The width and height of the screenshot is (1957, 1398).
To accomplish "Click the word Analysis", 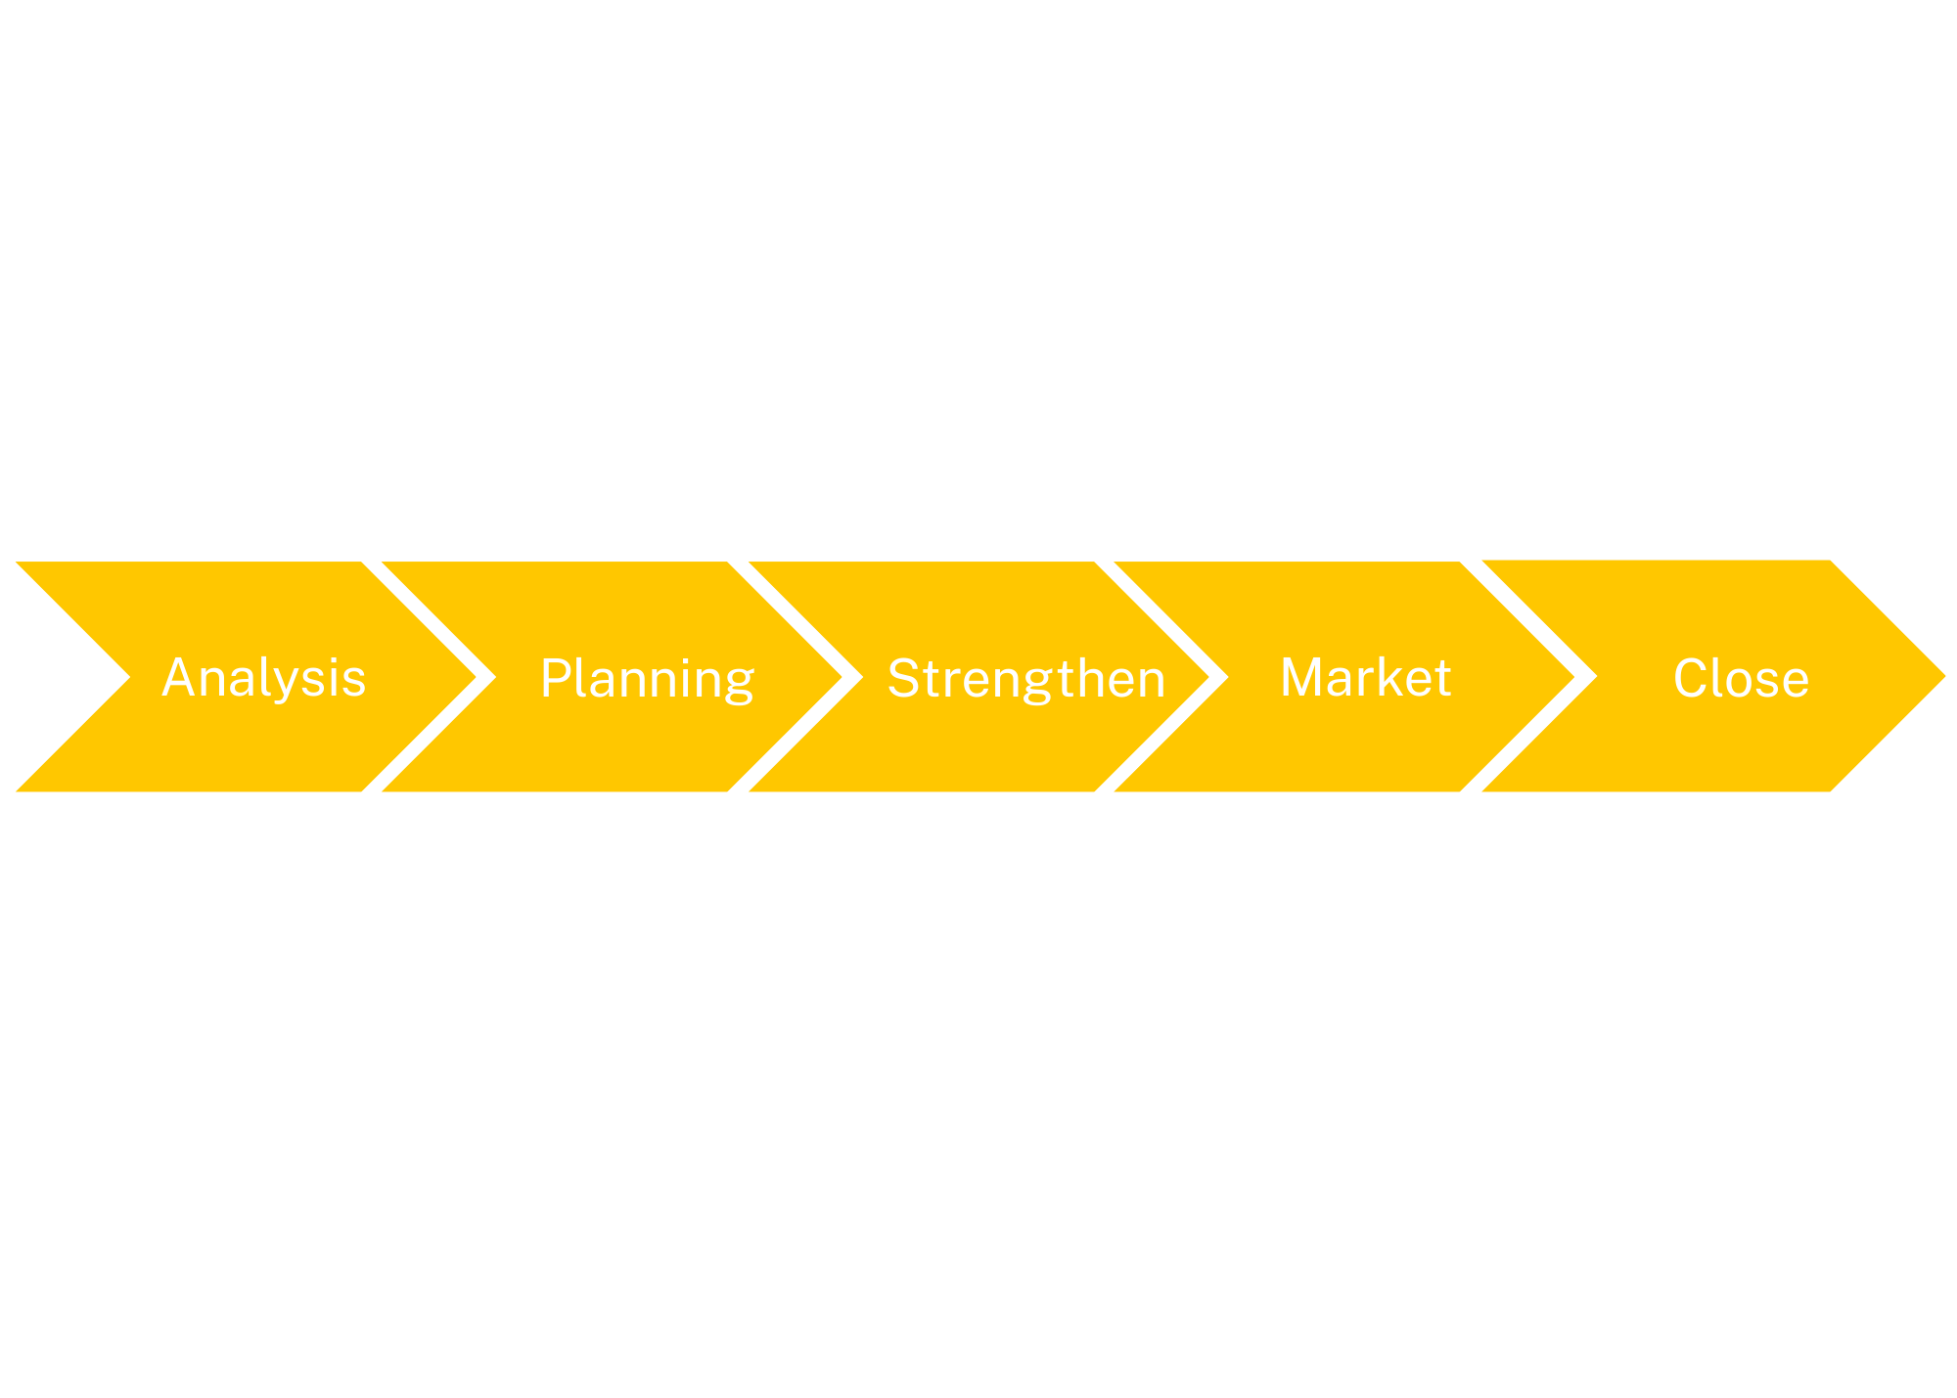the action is [264, 678].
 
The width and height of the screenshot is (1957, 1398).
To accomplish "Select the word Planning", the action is [647, 678].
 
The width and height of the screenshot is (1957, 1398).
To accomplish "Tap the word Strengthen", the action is [1026, 678].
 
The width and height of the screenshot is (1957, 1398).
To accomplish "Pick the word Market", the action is [1365, 677].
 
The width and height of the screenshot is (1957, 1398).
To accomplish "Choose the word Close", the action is [1741, 678].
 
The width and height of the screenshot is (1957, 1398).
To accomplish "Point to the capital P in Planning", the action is [555, 677].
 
